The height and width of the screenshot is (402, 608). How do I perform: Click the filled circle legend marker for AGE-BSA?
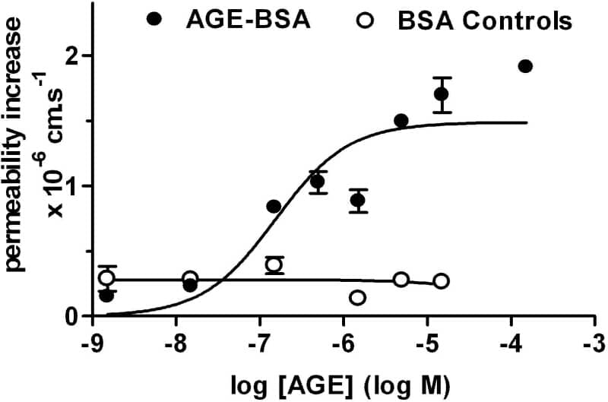click(155, 20)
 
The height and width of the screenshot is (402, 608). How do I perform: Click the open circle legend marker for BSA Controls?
click(364, 21)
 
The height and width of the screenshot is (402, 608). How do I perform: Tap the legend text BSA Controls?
click(484, 21)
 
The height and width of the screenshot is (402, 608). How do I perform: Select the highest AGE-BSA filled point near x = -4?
click(524, 66)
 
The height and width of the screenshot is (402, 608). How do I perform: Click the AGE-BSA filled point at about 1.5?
click(401, 120)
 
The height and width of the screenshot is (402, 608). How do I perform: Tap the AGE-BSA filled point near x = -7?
click(274, 206)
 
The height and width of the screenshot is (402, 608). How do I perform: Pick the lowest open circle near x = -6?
click(357, 297)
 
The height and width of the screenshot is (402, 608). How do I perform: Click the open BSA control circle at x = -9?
click(106, 277)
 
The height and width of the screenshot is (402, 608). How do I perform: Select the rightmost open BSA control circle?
click(442, 281)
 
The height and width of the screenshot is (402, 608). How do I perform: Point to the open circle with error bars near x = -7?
click(274, 264)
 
